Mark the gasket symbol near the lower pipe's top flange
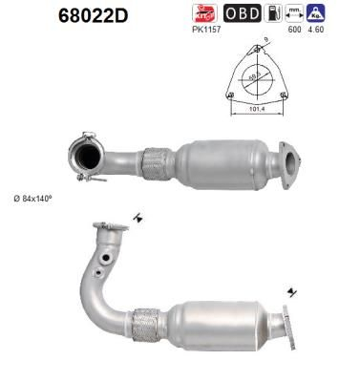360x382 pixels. click(139, 218)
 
